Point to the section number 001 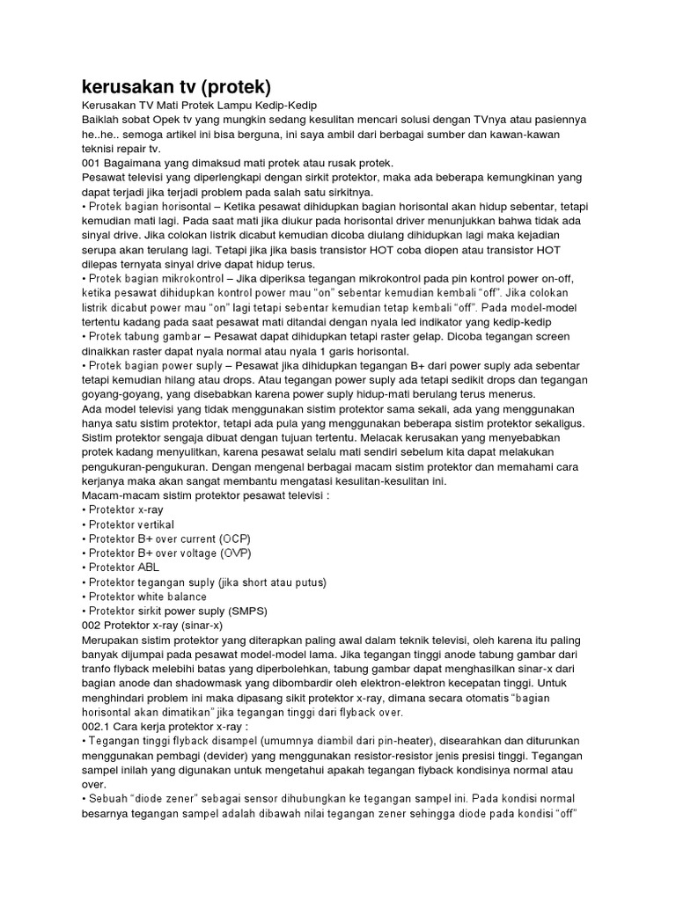pos(91,163)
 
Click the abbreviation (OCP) pos(235,538)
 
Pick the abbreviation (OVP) pos(234,553)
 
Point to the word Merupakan pos(116,640)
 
